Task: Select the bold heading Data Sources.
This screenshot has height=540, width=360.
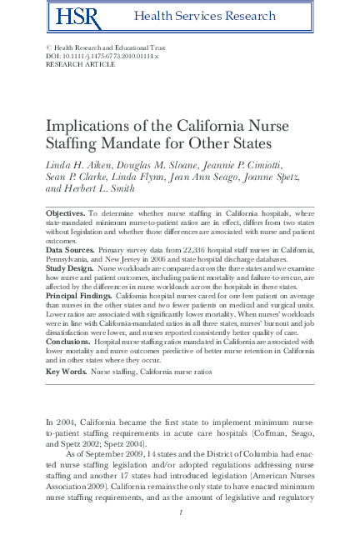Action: pos(69,250)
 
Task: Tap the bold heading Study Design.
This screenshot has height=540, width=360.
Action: pos(69,268)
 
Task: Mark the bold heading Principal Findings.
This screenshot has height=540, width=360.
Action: pos(77,295)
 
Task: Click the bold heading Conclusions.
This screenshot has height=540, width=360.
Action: pos(67,341)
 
